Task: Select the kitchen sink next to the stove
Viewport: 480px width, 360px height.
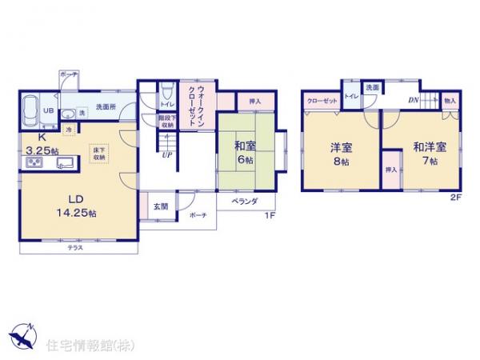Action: tap(64, 164)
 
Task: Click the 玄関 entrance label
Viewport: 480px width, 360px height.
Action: tap(160, 206)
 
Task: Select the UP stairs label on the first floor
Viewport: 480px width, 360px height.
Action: tap(166, 155)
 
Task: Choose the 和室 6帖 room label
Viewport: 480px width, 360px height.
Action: tap(245, 153)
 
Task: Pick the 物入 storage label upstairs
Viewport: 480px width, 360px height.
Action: tap(450, 101)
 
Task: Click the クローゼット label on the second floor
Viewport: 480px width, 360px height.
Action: tap(322, 102)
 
